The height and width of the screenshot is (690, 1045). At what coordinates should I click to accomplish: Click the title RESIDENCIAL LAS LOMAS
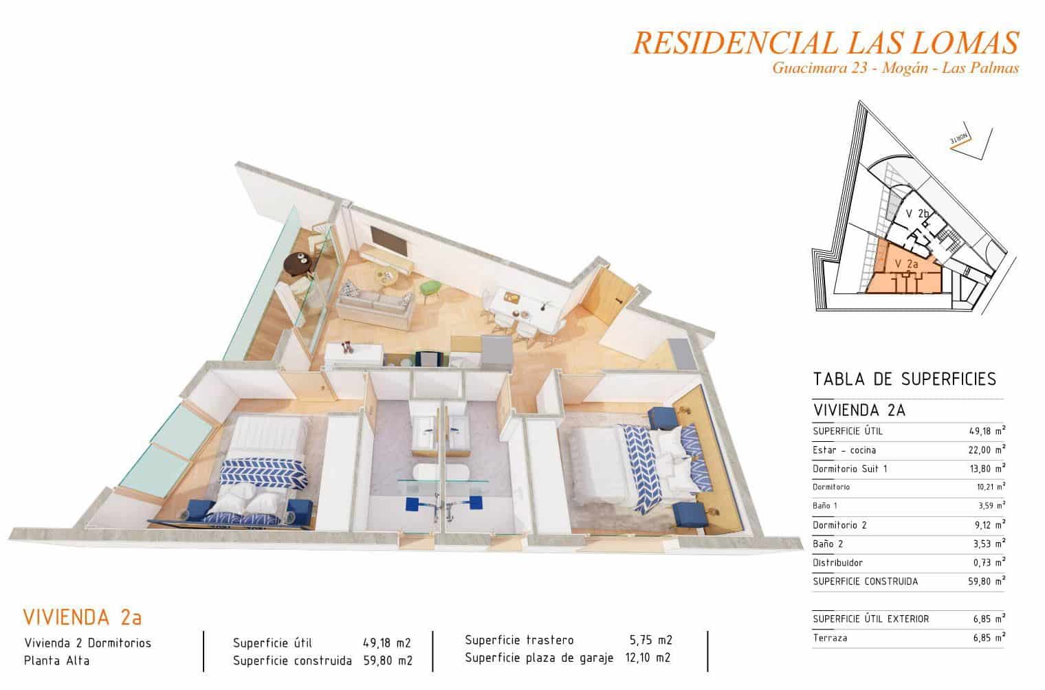click(824, 42)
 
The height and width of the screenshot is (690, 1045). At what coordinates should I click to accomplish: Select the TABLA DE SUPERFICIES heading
click(904, 379)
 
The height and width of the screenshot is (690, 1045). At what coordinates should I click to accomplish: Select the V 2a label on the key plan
click(907, 264)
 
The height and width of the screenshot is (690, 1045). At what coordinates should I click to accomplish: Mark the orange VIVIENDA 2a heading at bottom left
click(82, 616)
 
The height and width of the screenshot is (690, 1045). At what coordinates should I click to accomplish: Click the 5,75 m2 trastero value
click(650, 641)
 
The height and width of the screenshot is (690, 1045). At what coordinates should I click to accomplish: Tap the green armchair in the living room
click(430, 289)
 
